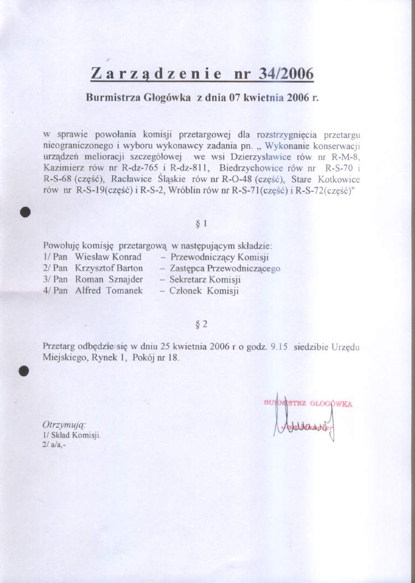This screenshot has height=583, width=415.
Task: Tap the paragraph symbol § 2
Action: [201, 323]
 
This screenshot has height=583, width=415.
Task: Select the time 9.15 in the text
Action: [276, 347]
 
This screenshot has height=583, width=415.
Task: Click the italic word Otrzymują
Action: [64, 425]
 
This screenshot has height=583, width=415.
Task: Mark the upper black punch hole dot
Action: [24, 212]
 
